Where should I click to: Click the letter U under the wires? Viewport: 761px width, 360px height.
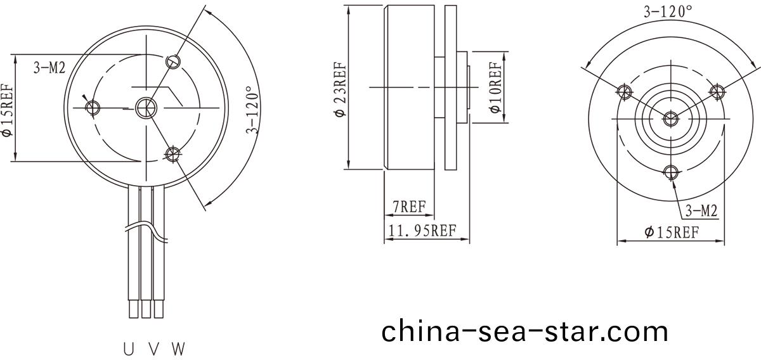pyautogui.click(x=129, y=349)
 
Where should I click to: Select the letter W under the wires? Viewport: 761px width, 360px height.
pyautogui.click(x=178, y=349)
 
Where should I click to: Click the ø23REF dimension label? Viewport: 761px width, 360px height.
pyautogui.click(x=341, y=89)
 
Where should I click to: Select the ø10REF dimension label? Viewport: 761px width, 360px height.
pyautogui.click(x=496, y=87)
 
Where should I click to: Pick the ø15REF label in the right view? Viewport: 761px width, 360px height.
pyautogui.click(x=672, y=232)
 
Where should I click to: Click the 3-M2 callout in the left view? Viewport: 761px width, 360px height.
pyautogui.click(x=49, y=68)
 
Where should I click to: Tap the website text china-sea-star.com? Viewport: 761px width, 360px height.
pyautogui.click(x=524, y=331)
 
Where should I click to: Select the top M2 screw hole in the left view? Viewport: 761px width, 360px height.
pyautogui.click(x=173, y=61)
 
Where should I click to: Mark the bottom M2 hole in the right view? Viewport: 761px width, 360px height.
pyautogui.click(x=671, y=171)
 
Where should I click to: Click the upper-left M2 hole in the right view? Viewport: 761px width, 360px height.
pyautogui.click(x=625, y=91)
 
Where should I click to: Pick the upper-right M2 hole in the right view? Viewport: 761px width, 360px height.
pyautogui.click(x=717, y=91)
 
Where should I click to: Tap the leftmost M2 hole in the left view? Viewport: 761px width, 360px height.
pyautogui.click(x=93, y=106)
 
